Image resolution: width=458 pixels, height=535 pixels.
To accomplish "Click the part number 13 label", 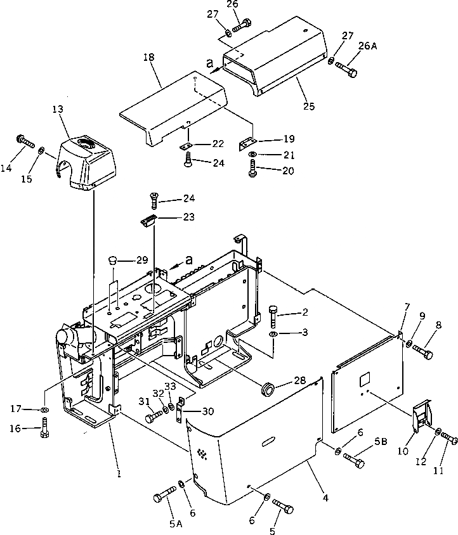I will click(58, 109).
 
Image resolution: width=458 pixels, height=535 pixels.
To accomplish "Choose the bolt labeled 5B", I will click(353, 461).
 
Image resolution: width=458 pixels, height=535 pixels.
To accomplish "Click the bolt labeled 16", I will click(44, 431).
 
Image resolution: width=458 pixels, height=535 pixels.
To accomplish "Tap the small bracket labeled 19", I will click(245, 144).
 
